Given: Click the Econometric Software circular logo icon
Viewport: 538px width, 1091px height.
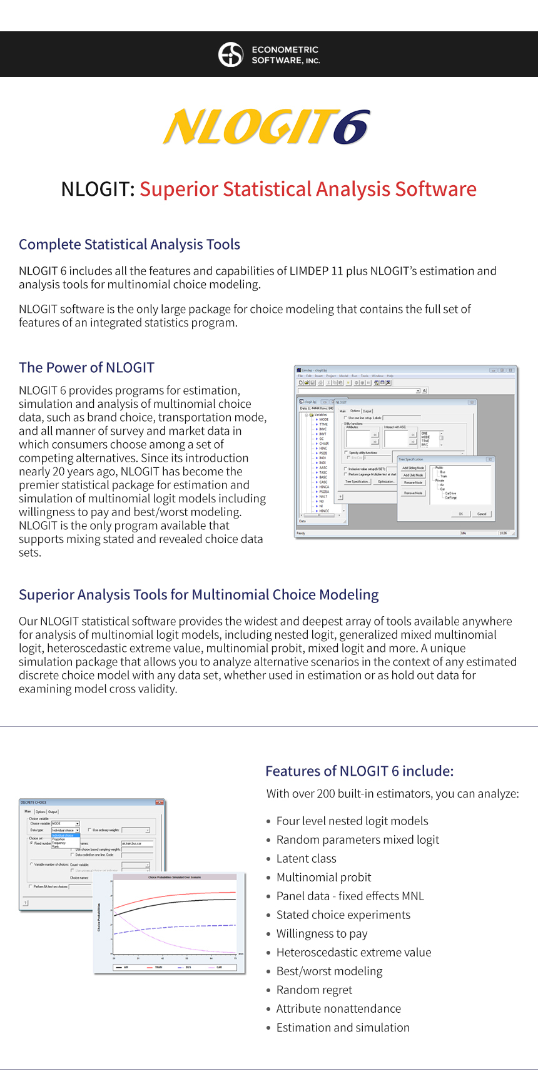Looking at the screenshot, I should click(230, 54).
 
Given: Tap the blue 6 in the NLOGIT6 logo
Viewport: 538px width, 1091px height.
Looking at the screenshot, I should click(351, 128).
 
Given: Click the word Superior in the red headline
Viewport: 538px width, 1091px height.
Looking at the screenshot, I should click(178, 189).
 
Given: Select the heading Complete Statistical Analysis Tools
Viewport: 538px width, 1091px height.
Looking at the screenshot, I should click(129, 245).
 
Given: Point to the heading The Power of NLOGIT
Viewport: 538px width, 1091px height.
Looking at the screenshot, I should click(86, 368).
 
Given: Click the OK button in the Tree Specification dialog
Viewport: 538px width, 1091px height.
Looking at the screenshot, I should click(461, 514).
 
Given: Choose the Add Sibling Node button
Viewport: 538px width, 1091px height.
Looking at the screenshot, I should click(413, 468).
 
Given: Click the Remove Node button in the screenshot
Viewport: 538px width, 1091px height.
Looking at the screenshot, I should click(413, 493).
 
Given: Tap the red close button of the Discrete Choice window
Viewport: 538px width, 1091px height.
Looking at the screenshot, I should click(160, 802).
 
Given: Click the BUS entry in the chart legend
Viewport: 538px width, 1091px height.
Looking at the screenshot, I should click(188, 967).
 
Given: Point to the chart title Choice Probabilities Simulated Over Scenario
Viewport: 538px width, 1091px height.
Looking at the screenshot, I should click(175, 877).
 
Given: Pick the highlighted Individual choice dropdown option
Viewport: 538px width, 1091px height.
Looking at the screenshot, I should click(65, 835).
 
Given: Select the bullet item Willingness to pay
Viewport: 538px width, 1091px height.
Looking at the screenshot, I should click(322, 934).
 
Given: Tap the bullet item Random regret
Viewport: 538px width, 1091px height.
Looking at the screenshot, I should click(314, 990).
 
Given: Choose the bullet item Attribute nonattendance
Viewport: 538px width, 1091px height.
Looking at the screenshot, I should click(338, 1009).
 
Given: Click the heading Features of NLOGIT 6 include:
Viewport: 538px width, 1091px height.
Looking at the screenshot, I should click(359, 771).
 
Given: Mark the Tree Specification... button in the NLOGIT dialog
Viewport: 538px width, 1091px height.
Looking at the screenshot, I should click(357, 482).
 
